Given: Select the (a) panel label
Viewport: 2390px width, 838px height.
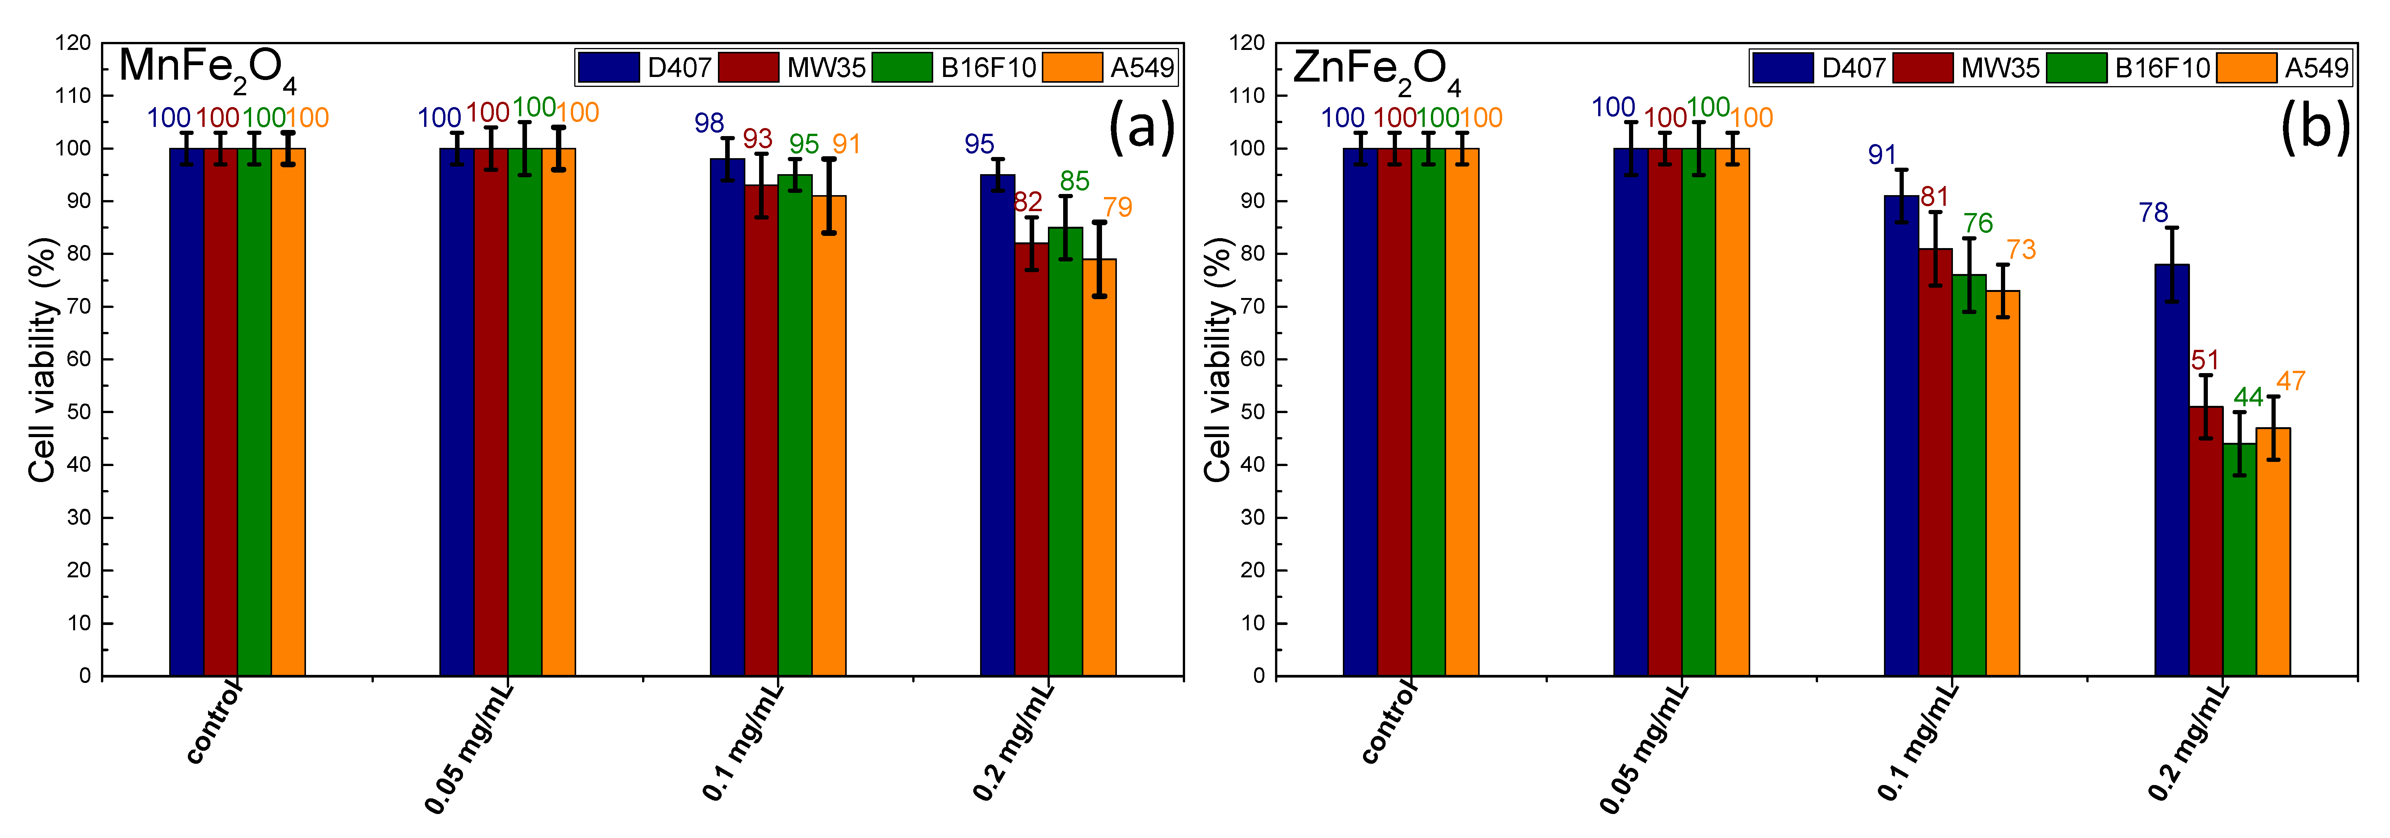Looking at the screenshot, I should [x=1141, y=127].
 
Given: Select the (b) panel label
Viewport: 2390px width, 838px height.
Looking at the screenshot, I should [x=2315, y=127].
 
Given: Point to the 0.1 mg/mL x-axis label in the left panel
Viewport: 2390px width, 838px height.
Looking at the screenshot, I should [x=742, y=742].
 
